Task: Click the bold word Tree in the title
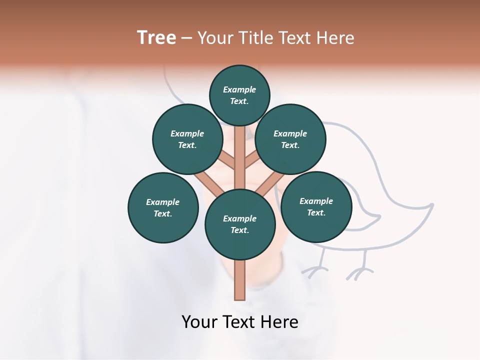[156, 38]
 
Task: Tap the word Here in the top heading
[335, 38]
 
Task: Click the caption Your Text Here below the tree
[240, 321]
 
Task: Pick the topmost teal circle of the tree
[239, 95]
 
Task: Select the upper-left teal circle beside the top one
[187, 139]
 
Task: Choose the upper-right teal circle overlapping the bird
[290, 139]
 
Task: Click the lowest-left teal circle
[163, 207]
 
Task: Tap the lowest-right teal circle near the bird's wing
[316, 206]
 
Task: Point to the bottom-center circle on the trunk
[240, 224]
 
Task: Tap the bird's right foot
[360, 272]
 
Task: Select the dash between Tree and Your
[186, 38]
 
